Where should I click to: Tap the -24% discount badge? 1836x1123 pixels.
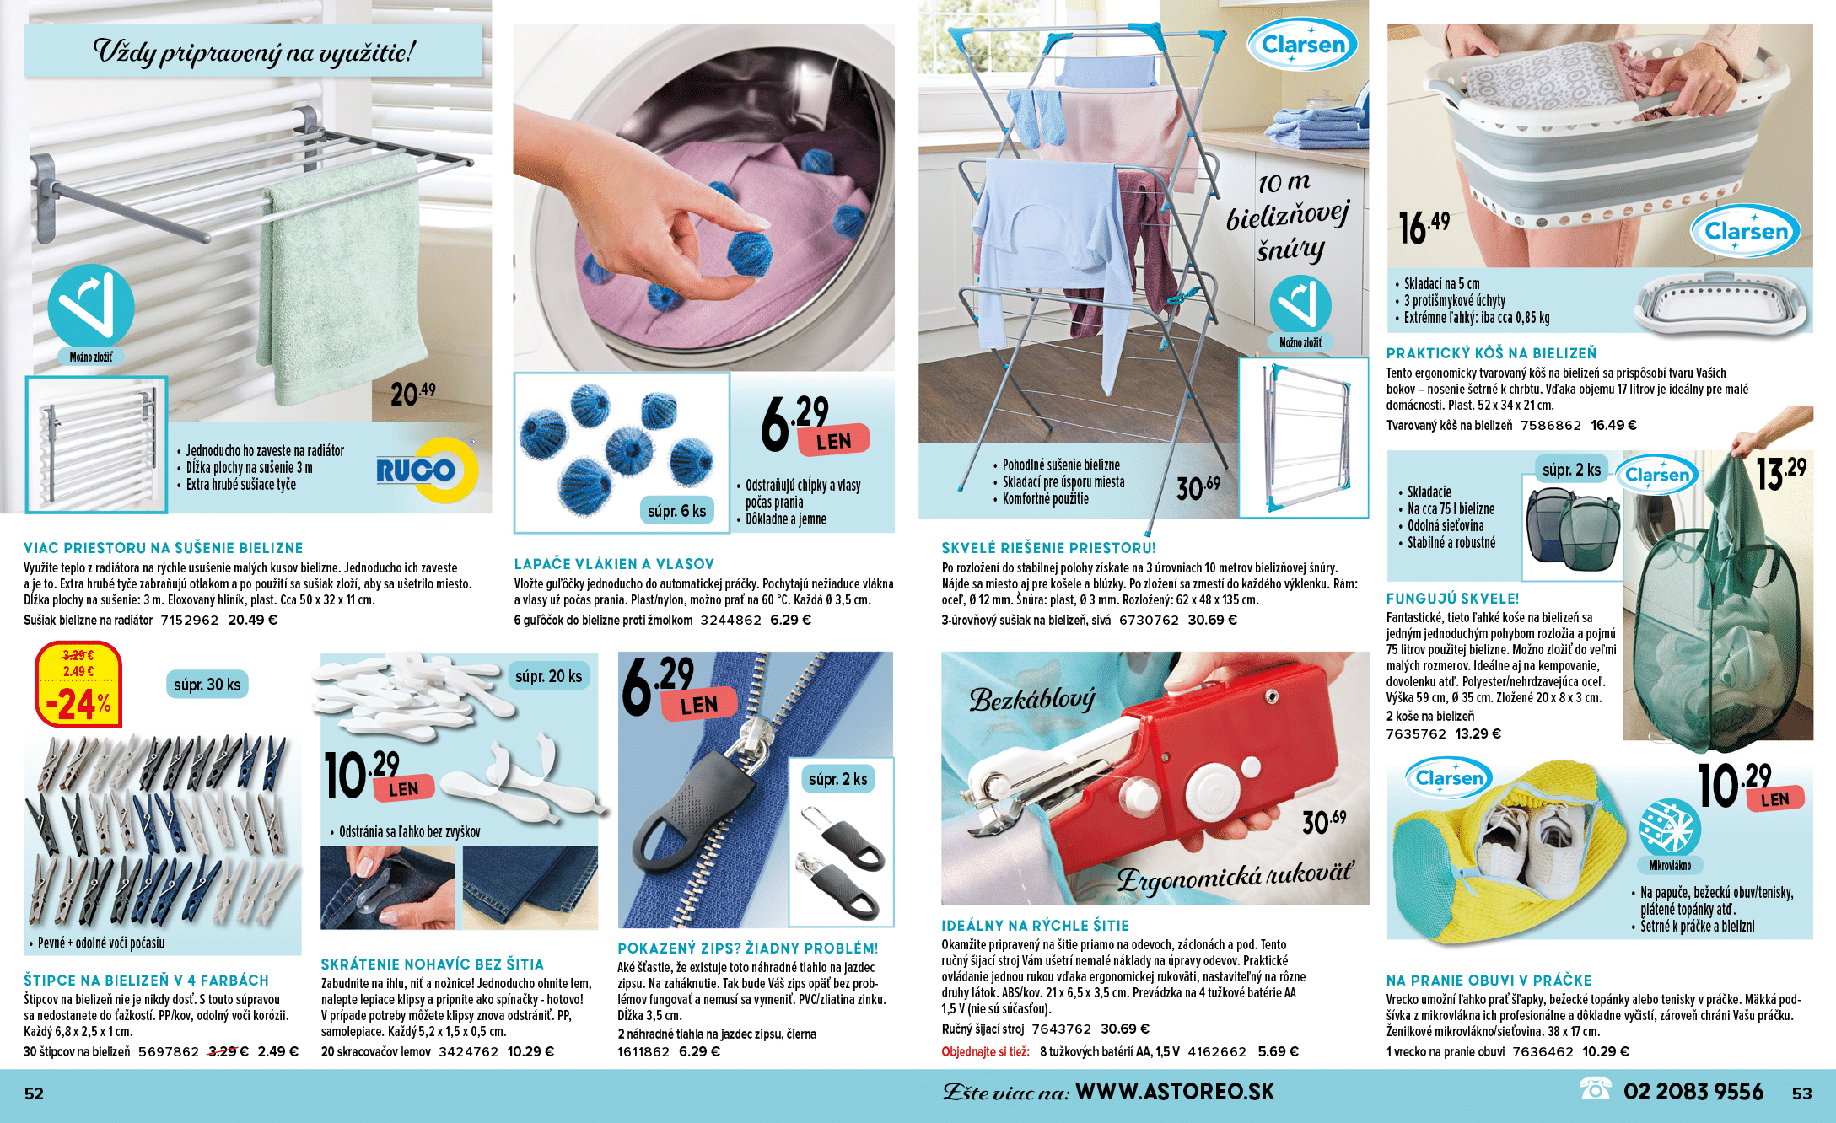point(78,685)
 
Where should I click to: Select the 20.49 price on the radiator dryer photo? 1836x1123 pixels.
point(412,394)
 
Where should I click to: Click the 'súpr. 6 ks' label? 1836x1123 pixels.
point(677,511)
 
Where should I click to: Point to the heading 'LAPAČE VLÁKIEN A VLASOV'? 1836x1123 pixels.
point(614,564)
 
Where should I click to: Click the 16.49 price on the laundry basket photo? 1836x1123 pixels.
point(1424,227)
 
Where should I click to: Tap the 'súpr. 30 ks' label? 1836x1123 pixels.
point(207,685)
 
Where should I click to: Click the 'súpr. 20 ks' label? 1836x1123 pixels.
point(549,676)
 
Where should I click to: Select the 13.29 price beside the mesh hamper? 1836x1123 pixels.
point(1780,473)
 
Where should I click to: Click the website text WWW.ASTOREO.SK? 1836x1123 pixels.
point(1175,1092)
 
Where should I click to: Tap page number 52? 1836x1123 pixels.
point(34,1093)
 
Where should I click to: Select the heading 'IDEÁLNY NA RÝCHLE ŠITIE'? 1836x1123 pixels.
point(1035,925)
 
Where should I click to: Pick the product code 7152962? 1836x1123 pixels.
point(189,620)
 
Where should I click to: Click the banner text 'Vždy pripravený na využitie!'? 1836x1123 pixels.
point(254,51)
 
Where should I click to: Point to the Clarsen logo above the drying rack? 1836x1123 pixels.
point(1303,45)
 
